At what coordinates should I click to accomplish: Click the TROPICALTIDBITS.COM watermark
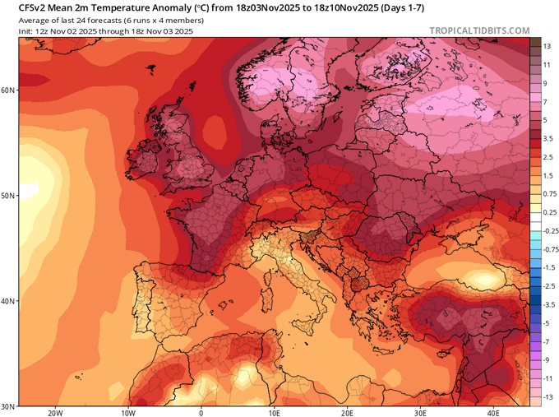point(479,31)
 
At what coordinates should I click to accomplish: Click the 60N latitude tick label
point(7,90)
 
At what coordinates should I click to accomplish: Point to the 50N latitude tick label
point(7,196)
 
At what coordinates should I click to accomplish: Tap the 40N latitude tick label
point(7,301)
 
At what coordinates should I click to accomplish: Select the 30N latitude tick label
point(7,405)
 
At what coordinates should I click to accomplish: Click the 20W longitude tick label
point(55,413)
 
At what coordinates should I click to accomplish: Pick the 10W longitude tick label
point(128,413)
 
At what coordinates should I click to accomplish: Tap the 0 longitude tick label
point(201,413)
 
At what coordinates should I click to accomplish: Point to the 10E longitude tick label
point(275,413)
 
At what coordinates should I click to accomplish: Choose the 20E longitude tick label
point(348,413)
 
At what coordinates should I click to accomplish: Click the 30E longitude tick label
point(421,413)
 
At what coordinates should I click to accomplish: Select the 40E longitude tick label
point(494,413)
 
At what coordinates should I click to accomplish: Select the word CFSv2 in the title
point(22,7)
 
